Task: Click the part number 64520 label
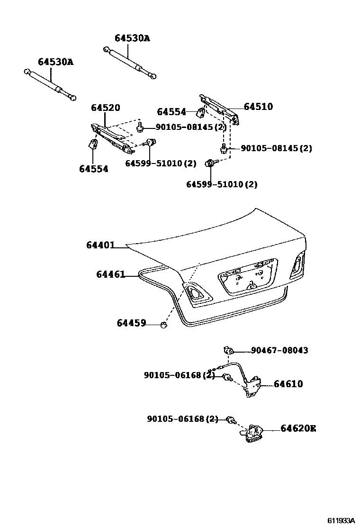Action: click(105, 108)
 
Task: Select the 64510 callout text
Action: click(259, 107)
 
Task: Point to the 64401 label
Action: click(100, 245)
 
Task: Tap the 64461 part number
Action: click(110, 274)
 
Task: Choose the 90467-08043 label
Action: click(279, 350)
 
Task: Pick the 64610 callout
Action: click(288, 384)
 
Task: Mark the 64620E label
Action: click(298, 428)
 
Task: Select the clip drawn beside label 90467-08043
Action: click(228, 350)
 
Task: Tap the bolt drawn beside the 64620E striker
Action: click(231, 419)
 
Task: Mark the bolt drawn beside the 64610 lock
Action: click(227, 377)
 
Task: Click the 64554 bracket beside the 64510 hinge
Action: click(200, 113)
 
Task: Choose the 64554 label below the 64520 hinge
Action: click(93, 169)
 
